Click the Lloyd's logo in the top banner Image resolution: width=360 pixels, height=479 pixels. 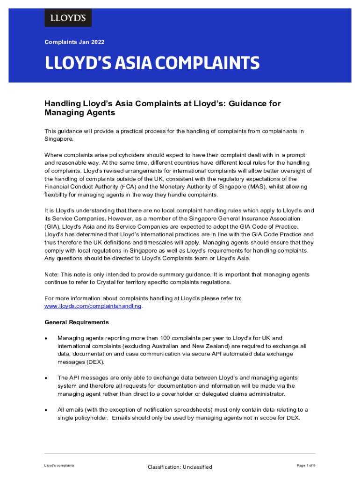[x=68, y=18]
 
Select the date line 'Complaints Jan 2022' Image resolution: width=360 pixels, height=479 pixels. [x=74, y=42]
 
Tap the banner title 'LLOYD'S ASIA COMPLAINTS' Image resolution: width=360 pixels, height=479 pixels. [x=152, y=63]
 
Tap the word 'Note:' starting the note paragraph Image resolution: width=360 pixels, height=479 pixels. [x=53, y=275]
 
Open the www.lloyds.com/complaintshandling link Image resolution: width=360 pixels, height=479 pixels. [x=93, y=306]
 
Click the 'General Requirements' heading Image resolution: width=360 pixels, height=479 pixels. [x=77, y=322]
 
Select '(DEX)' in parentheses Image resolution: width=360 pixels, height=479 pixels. [x=95, y=362]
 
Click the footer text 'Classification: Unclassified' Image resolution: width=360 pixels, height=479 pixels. [x=180, y=467]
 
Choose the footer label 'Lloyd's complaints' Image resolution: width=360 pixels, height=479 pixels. [x=59, y=465]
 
